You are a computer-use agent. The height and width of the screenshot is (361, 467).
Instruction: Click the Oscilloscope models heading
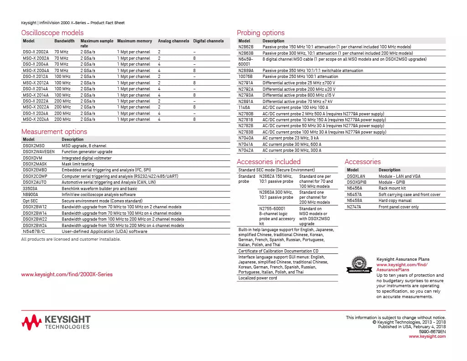pos(52,32)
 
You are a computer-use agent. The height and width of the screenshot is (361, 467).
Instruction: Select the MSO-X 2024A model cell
pos(36,119)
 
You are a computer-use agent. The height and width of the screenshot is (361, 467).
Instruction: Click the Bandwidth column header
pos(64,41)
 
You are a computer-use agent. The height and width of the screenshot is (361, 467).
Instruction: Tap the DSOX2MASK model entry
pos(35,164)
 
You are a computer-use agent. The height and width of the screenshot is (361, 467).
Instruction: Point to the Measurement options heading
pos(54,132)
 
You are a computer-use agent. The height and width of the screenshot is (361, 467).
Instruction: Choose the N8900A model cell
pos(30,195)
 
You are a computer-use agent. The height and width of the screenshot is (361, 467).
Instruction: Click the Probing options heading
pos(260,32)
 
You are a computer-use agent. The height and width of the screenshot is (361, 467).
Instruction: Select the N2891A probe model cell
pos(246,102)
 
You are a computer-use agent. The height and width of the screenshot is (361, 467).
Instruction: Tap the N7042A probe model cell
pos(246,150)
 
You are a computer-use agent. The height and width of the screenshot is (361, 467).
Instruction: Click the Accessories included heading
pos(269,162)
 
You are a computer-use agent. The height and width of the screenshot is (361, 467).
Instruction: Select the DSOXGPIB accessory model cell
pos(357,182)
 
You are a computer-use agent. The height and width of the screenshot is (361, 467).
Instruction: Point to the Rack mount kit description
pos(392,188)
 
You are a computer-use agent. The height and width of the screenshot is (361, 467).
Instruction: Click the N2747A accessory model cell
pos(354,207)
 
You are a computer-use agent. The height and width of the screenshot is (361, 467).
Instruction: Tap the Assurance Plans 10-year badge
pos(359,264)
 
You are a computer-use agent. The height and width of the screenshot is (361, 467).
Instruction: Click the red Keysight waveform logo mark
pos(31,323)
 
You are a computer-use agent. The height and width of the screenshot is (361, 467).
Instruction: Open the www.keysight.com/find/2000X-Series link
pos(67,274)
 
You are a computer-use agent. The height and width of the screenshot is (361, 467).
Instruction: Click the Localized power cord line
pos(258,278)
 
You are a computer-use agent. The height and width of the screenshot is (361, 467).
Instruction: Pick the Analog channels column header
pos(173,41)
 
